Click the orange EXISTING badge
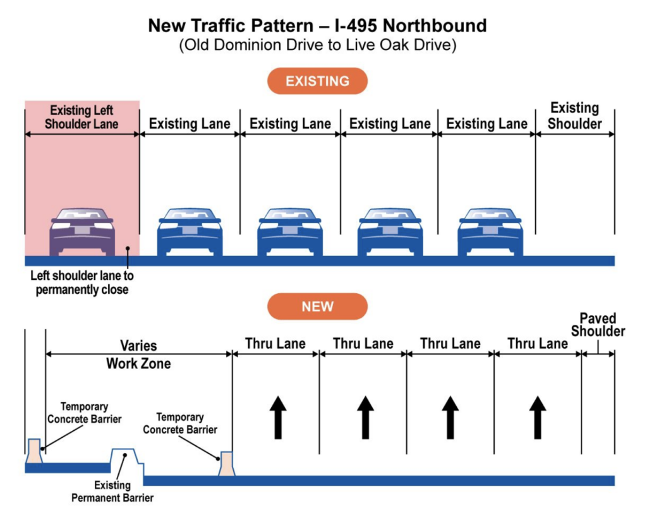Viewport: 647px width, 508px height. pyautogui.click(x=317, y=81)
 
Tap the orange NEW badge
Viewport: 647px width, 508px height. pyautogui.click(x=317, y=306)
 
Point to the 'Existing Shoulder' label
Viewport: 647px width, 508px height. pyautogui.click(x=574, y=116)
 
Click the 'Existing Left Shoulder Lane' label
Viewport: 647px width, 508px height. pyautogui.click(x=82, y=117)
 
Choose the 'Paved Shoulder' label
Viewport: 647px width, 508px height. pyautogui.click(x=598, y=325)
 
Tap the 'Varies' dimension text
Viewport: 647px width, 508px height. pyautogui.click(x=138, y=346)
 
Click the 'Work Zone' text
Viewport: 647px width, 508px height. pyautogui.click(x=138, y=363)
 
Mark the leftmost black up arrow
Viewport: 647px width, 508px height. pyautogui.click(x=278, y=417)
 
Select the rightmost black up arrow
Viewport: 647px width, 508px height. pyautogui.click(x=537, y=417)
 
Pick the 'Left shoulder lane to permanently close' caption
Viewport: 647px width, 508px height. pyautogui.click(x=82, y=283)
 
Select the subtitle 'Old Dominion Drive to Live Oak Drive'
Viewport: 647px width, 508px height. pyautogui.click(x=317, y=46)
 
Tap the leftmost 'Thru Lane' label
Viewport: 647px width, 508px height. pyautogui.click(x=275, y=344)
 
